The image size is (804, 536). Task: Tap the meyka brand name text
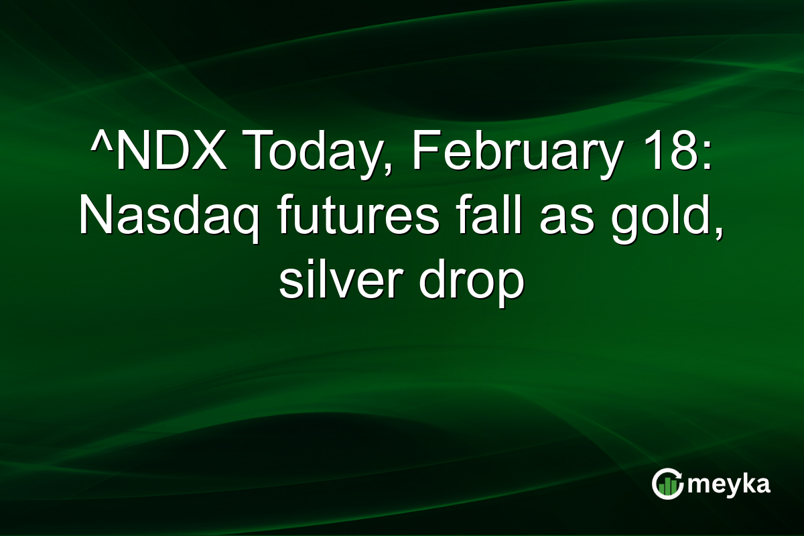[x=728, y=484]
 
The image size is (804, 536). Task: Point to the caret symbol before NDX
[x=99, y=141]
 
